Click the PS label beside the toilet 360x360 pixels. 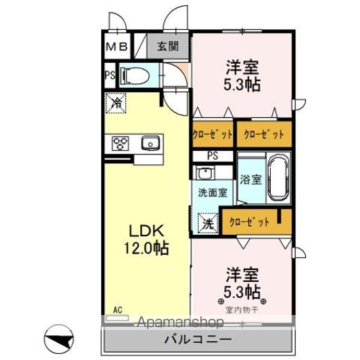coord(109,74)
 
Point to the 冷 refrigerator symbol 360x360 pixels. coord(117,101)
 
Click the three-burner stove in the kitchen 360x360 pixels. coord(121,142)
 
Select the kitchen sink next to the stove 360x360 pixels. coord(149,142)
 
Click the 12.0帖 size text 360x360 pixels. coord(141,247)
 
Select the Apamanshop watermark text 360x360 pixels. coord(182,322)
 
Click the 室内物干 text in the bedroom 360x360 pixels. coord(240,308)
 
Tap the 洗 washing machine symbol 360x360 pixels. coord(206,222)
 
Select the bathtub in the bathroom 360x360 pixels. coord(277,177)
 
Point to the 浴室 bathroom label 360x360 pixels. coord(250,181)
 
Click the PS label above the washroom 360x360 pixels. coord(213,155)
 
